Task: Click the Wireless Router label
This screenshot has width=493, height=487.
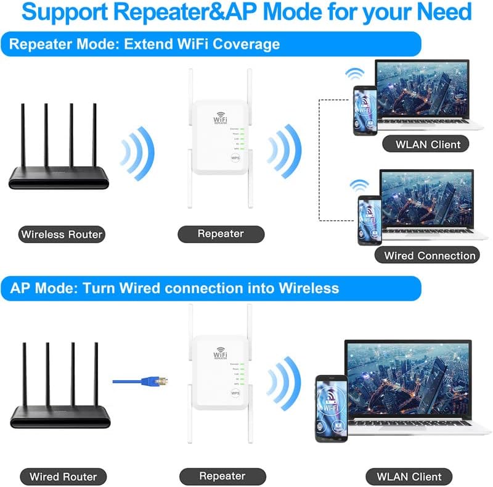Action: click(x=62, y=235)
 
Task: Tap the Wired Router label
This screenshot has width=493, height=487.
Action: click(x=63, y=477)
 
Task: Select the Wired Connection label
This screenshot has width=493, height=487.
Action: click(x=430, y=255)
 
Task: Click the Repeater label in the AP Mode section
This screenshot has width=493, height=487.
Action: click(x=222, y=476)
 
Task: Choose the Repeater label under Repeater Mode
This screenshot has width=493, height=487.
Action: click(x=221, y=234)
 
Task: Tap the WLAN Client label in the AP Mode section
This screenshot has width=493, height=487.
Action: click(x=409, y=477)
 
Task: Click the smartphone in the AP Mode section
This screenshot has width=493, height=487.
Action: click(x=331, y=408)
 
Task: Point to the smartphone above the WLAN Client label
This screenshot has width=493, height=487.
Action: click(x=365, y=110)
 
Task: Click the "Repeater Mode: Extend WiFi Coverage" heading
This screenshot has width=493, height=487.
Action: click(x=145, y=44)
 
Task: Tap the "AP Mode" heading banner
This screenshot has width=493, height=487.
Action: click(x=174, y=288)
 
